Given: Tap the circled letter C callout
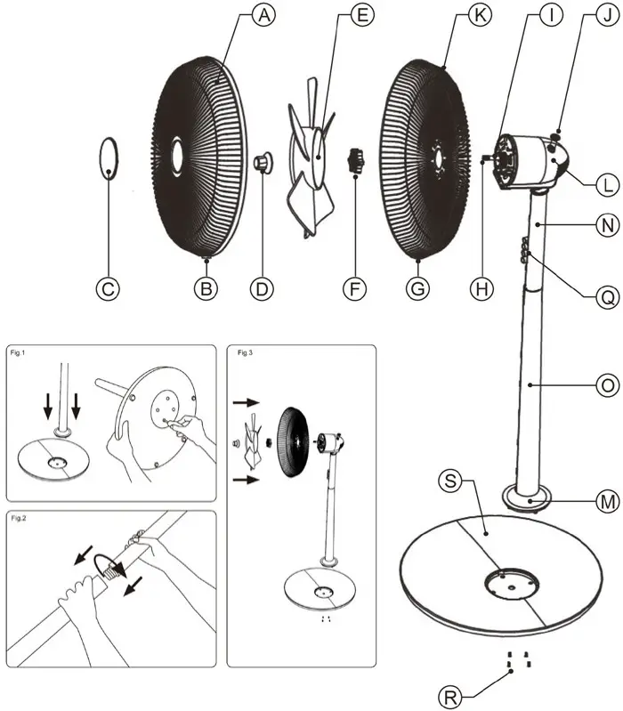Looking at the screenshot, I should point(108,288).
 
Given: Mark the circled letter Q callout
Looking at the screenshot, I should point(608,300).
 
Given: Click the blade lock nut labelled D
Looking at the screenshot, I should point(263,162).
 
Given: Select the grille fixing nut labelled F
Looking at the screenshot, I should point(356,162).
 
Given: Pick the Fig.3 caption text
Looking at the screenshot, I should point(246,353).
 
